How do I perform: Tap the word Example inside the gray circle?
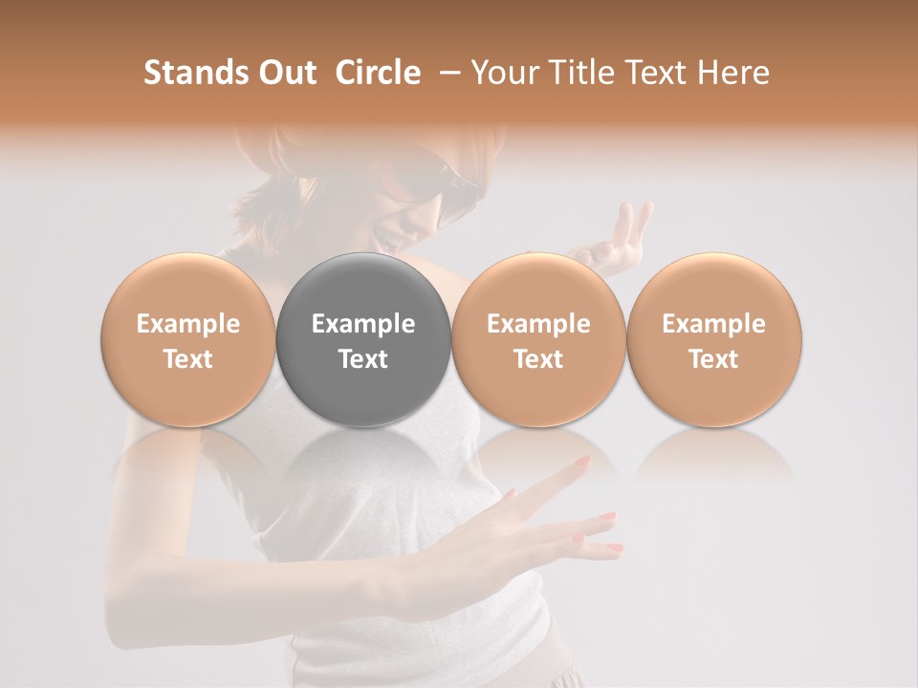coord(362,324)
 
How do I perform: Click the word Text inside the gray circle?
coord(362,359)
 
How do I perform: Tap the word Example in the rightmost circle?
coord(714,324)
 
